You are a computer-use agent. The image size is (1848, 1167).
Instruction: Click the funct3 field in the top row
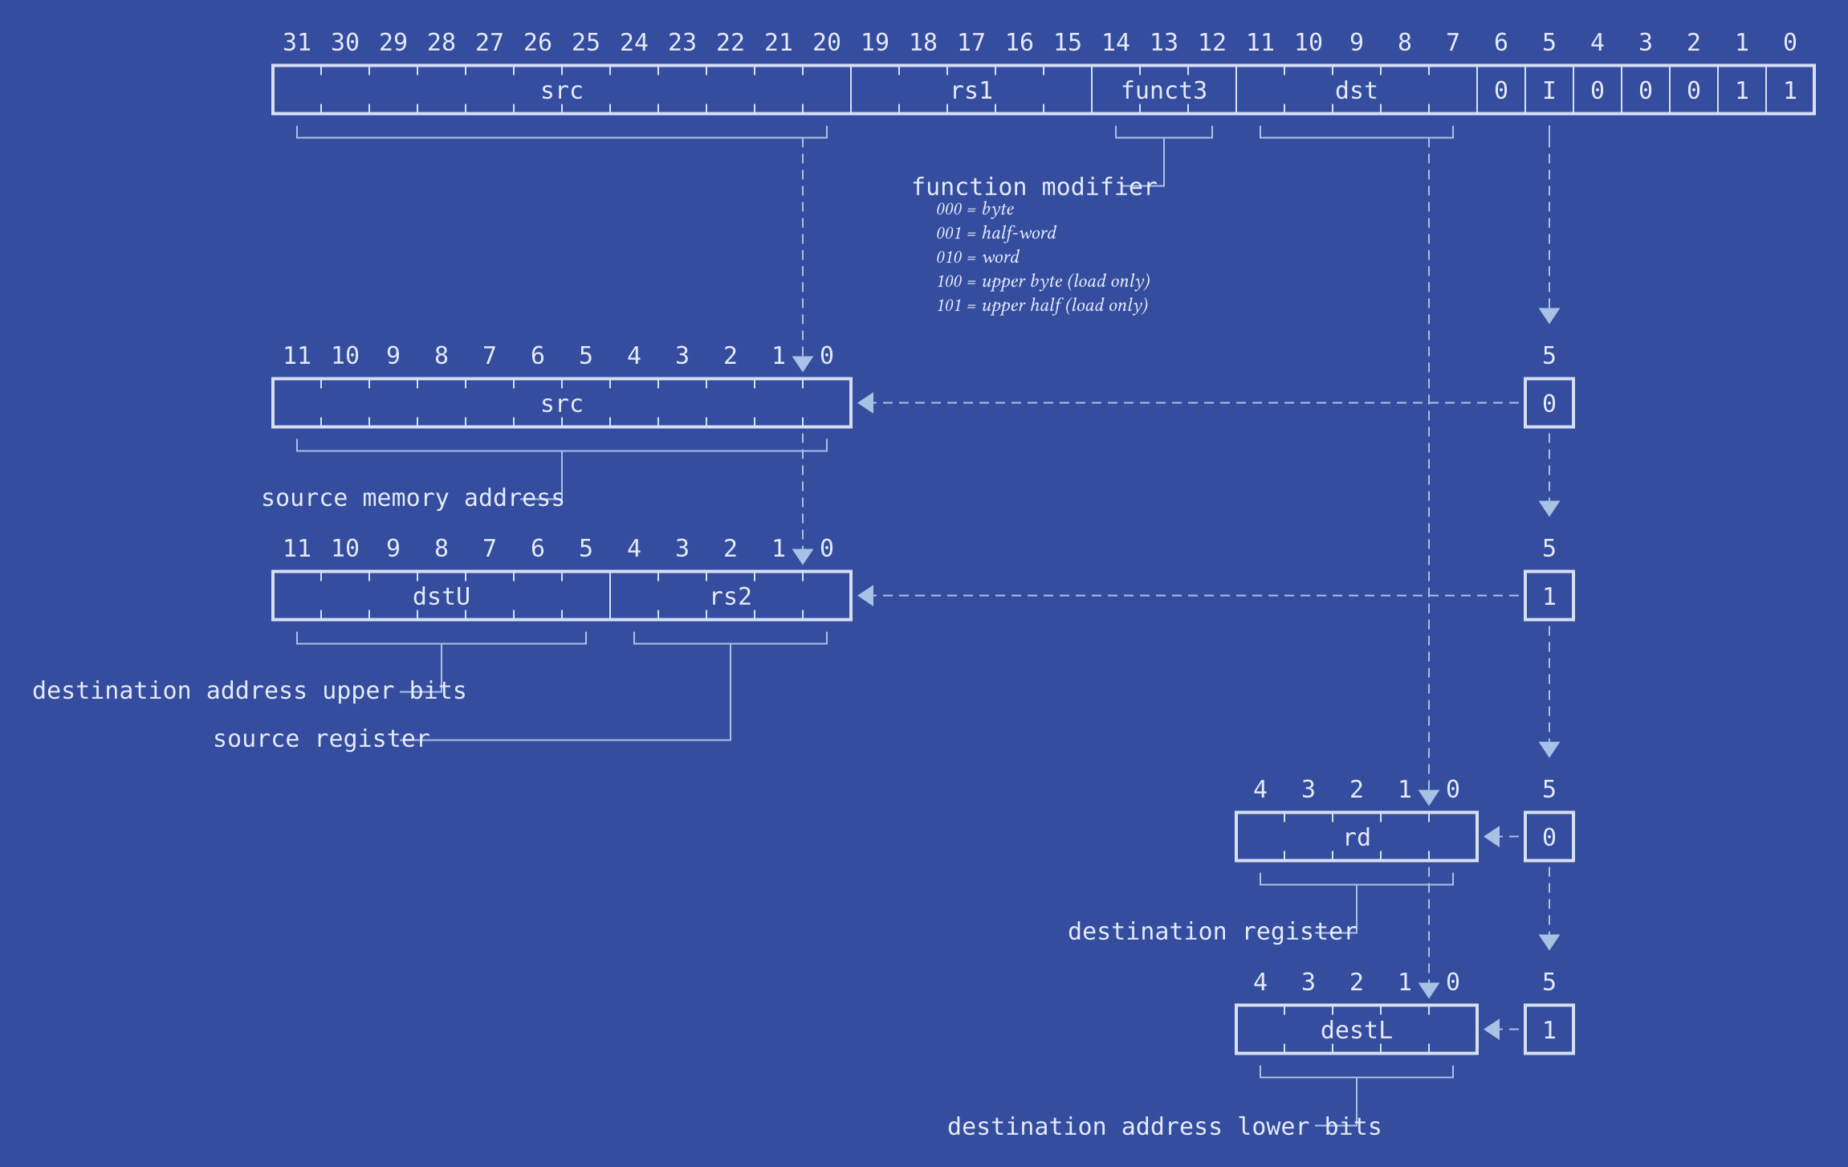[1163, 90]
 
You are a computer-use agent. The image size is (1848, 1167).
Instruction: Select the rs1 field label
[971, 90]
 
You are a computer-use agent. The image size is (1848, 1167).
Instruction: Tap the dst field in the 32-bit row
[1356, 90]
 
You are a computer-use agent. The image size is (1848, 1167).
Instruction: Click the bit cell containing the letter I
[1549, 90]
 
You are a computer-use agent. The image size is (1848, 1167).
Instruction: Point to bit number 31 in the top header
[297, 42]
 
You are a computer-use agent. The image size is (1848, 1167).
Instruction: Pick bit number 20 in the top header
[826, 42]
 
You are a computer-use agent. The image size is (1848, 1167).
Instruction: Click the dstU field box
[441, 596]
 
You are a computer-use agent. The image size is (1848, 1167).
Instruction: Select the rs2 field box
[731, 596]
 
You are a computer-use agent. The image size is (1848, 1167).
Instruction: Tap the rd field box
[1356, 837]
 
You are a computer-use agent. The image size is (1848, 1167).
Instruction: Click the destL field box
[1356, 1030]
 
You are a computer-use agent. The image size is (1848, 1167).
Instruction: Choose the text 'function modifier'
[1034, 186]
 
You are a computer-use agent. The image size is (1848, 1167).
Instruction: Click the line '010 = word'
[977, 257]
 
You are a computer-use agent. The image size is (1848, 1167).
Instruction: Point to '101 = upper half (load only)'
[1041, 305]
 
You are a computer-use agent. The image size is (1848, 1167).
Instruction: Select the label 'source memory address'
[412, 498]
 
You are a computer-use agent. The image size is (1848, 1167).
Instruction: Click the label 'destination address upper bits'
[249, 691]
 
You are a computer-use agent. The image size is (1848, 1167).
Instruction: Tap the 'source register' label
[321, 739]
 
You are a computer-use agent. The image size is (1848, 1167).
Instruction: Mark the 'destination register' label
[1211, 932]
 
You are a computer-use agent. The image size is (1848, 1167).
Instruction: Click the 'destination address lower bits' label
[1163, 1127]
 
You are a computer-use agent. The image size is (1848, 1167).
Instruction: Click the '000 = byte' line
[975, 209]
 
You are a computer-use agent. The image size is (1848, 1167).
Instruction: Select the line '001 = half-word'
[995, 233]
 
